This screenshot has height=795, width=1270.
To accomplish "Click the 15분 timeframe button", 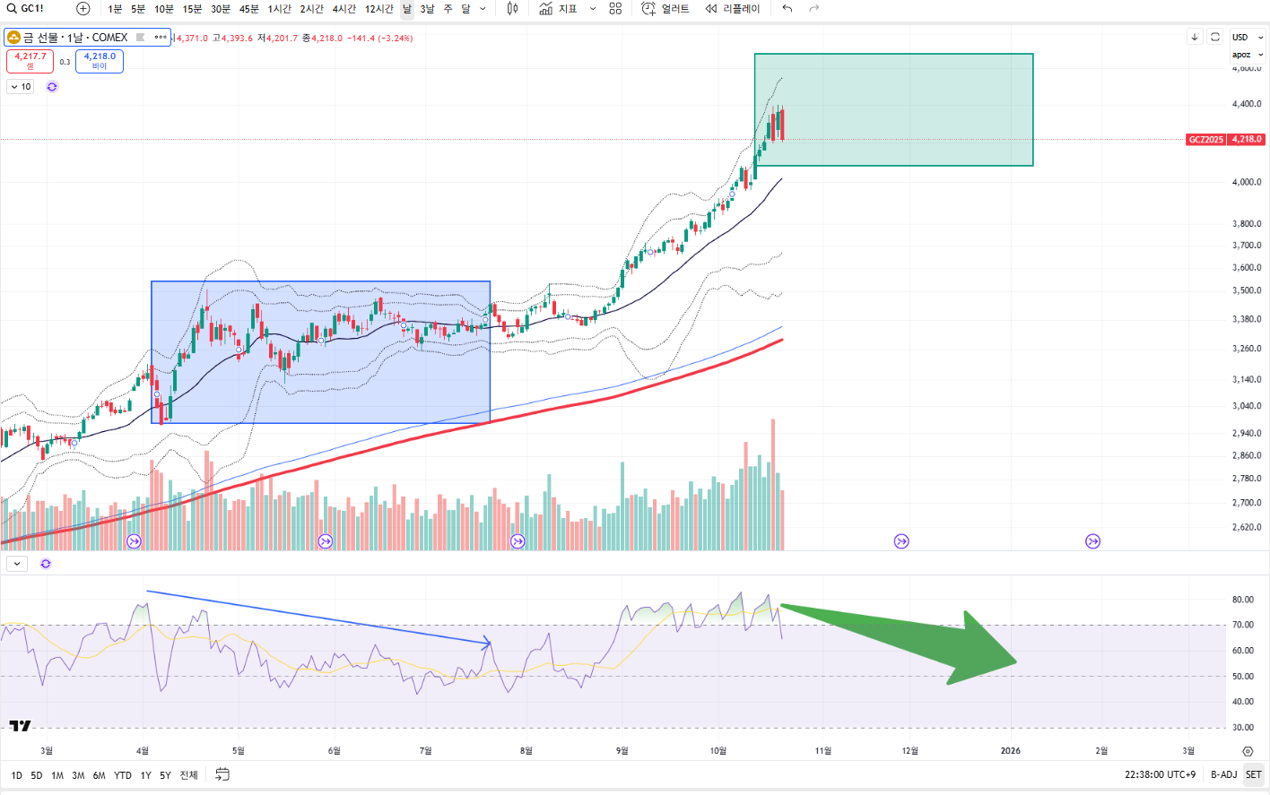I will (192, 9).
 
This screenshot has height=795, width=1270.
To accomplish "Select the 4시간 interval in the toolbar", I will (344, 9).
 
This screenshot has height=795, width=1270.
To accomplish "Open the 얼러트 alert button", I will (665, 9).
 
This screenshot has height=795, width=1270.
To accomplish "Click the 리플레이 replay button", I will (733, 9).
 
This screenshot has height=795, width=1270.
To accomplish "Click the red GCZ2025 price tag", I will (1224, 140).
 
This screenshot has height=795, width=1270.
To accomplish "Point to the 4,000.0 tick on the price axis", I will (1246, 182).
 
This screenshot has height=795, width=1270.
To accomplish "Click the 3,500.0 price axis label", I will (1246, 290).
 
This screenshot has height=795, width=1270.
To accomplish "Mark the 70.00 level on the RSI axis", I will (1242, 625).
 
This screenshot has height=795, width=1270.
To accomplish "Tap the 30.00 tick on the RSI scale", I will (1242, 727).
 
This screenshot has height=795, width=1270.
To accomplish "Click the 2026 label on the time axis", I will (1010, 751).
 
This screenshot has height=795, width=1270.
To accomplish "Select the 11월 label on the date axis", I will (822, 751).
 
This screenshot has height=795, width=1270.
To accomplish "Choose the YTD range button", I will (123, 775).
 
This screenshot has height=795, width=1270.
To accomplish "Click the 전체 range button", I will (188, 775).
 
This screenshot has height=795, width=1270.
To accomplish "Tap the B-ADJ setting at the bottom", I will (1223, 775).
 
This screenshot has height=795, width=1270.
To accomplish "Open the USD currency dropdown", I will (1246, 38).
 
